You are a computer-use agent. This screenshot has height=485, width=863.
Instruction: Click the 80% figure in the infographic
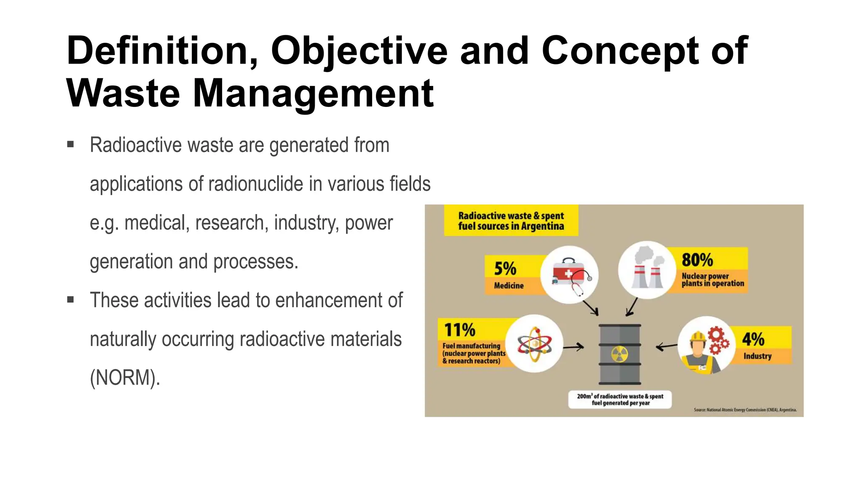[x=697, y=260]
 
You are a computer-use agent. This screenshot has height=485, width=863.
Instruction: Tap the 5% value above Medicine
[x=505, y=269]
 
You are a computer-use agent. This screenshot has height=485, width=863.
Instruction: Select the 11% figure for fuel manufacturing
[x=459, y=330]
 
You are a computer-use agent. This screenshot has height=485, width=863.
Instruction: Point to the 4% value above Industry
[x=753, y=339]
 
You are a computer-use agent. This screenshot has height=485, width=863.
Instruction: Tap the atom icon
[x=534, y=344]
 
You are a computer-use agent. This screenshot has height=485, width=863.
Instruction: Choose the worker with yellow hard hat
[x=700, y=349]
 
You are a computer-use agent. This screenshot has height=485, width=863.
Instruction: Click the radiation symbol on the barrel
[x=619, y=354]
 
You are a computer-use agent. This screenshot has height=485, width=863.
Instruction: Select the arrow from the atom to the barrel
[x=574, y=347]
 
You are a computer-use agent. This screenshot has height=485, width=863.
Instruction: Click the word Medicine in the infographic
[x=509, y=285]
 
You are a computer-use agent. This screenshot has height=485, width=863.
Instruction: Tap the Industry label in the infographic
[x=757, y=356]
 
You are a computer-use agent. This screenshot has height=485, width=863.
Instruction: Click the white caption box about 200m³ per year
[x=620, y=400]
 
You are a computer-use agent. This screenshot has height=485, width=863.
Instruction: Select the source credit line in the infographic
[x=745, y=410]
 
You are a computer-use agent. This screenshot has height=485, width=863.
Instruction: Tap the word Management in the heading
[x=313, y=93]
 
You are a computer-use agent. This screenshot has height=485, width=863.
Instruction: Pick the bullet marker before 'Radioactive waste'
[x=70, y=145]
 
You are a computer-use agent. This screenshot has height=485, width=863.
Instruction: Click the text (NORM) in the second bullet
[x=125, y=377]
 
